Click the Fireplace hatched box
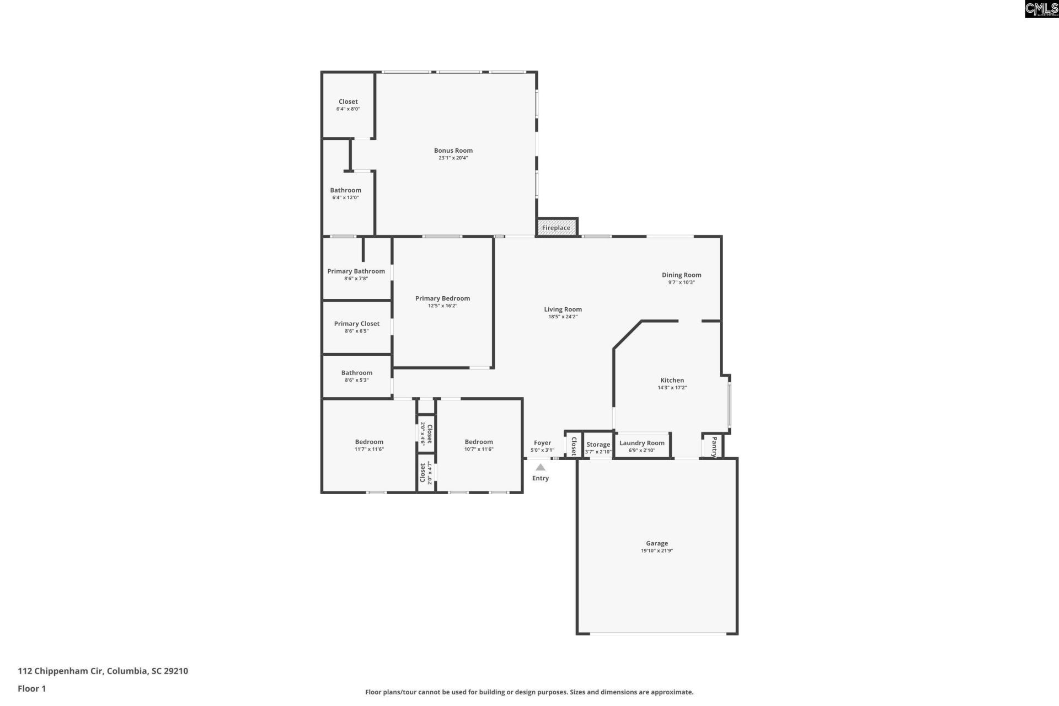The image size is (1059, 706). click(x=557, y=227)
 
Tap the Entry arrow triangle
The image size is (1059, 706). click(x=541, y=467)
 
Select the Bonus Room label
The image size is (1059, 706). click(x=453, y=151)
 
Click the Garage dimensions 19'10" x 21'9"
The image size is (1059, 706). click(x=656, y=550)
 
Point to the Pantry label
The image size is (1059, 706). click(x=714, y=447)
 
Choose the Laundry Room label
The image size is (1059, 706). click(x=641, y=443)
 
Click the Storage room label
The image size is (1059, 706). click(x=598, y=445)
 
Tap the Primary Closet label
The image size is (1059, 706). click(x=356, y=324)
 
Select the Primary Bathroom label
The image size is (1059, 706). click(x=356, y=271)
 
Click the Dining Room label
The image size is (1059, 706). click(x=681, y=275)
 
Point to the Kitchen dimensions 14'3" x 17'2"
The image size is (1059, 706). click(x=672, y=388)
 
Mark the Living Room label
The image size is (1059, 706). click(x=563, y=309)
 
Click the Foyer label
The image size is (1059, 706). click(x=542, y=443)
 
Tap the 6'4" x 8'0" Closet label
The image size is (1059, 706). click(x=348, y=102)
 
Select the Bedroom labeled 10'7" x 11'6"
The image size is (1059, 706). click(x=478, y=442)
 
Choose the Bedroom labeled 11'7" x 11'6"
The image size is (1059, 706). click(x=369, y=442)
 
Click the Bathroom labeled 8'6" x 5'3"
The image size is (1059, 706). click(x=356, y=373)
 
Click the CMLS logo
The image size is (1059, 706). click(x=1041, y=9)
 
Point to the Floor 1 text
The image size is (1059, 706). click(x=31, y=688)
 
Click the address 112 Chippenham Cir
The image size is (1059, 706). click(x=103, y=671)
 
